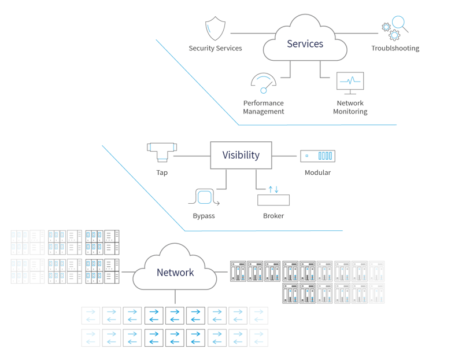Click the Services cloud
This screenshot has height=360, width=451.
pos(305,44)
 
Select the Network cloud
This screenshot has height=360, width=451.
pos(175,272)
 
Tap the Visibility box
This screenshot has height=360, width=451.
pos(241,155)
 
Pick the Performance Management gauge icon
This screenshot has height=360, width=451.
pos(263,83)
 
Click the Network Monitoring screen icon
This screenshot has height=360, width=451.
pos(350,83)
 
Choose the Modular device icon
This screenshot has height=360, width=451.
pos(317,156)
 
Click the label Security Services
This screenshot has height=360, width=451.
pos(215,49)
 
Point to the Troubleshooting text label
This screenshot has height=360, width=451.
pos(395,49)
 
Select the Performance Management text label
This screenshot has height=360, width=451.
pos(264,108)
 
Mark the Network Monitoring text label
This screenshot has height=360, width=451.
pos(350,108)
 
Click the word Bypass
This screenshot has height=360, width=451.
pos(204,216)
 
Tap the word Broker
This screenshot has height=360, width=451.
pos(273,216)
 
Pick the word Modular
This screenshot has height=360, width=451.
pos(317,172)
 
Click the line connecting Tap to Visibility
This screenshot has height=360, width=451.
pos(192,156)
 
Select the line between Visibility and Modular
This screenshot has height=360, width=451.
pos(286,156)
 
